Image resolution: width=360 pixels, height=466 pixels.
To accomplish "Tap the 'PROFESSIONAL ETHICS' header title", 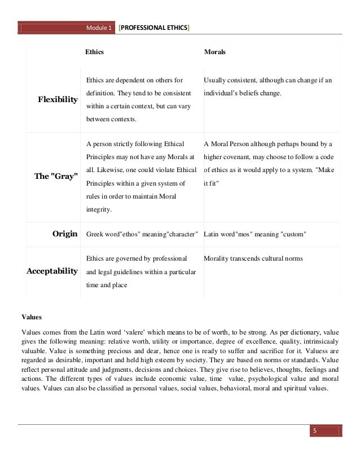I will (x=154, y=28).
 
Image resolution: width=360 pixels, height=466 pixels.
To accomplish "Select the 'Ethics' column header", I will (x=94, y=52).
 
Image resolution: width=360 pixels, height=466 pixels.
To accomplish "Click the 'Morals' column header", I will (x=214, y=52).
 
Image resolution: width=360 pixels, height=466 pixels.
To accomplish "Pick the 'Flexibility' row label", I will (x=58, y=100).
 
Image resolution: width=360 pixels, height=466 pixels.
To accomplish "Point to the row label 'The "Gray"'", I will (x=56, y=176).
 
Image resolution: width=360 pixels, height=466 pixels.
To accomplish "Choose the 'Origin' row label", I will (x=64, y=234).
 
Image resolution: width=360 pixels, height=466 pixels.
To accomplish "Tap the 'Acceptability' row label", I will (x=52, y=271).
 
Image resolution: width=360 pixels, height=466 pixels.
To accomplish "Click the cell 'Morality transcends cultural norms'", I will (x=253, y=258).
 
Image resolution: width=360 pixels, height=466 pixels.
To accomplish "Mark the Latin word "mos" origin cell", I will (x=254, y=234).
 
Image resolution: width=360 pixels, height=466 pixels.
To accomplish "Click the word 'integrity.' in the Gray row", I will (x=99, y=210).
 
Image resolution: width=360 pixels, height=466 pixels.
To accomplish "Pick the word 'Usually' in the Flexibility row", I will (x=215, y=80).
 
